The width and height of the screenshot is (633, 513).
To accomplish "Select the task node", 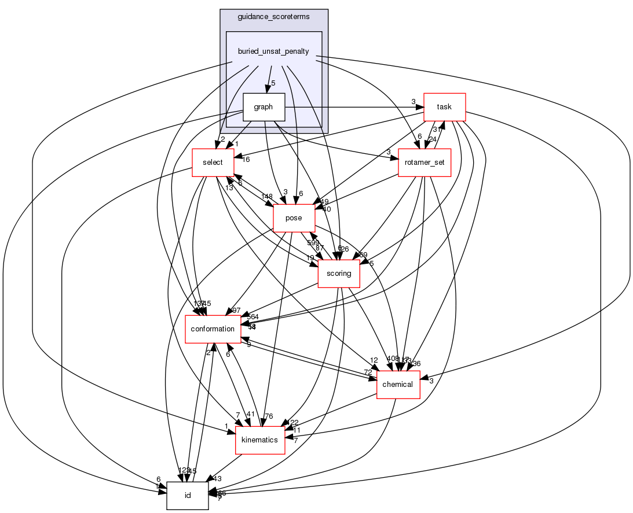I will click(445, 107).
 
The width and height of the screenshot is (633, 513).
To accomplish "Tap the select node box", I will click(213, 163).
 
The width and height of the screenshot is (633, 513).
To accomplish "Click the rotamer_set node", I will click(425, 163).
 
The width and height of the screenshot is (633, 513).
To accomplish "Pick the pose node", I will click(294, 218).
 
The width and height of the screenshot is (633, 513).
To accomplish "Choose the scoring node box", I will click(339, 274).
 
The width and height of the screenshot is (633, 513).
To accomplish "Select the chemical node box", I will click(398, 385).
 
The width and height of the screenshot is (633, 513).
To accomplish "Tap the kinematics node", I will click(259, 440).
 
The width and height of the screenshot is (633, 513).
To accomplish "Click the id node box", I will click(187, 496).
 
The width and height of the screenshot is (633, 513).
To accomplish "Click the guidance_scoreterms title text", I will click(273, 17).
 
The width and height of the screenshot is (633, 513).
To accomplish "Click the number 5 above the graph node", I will click(273, 83).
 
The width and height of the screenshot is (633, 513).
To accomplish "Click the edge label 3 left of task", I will click(414, 102).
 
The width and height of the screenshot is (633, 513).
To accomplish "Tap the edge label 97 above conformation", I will click(236, 311).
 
